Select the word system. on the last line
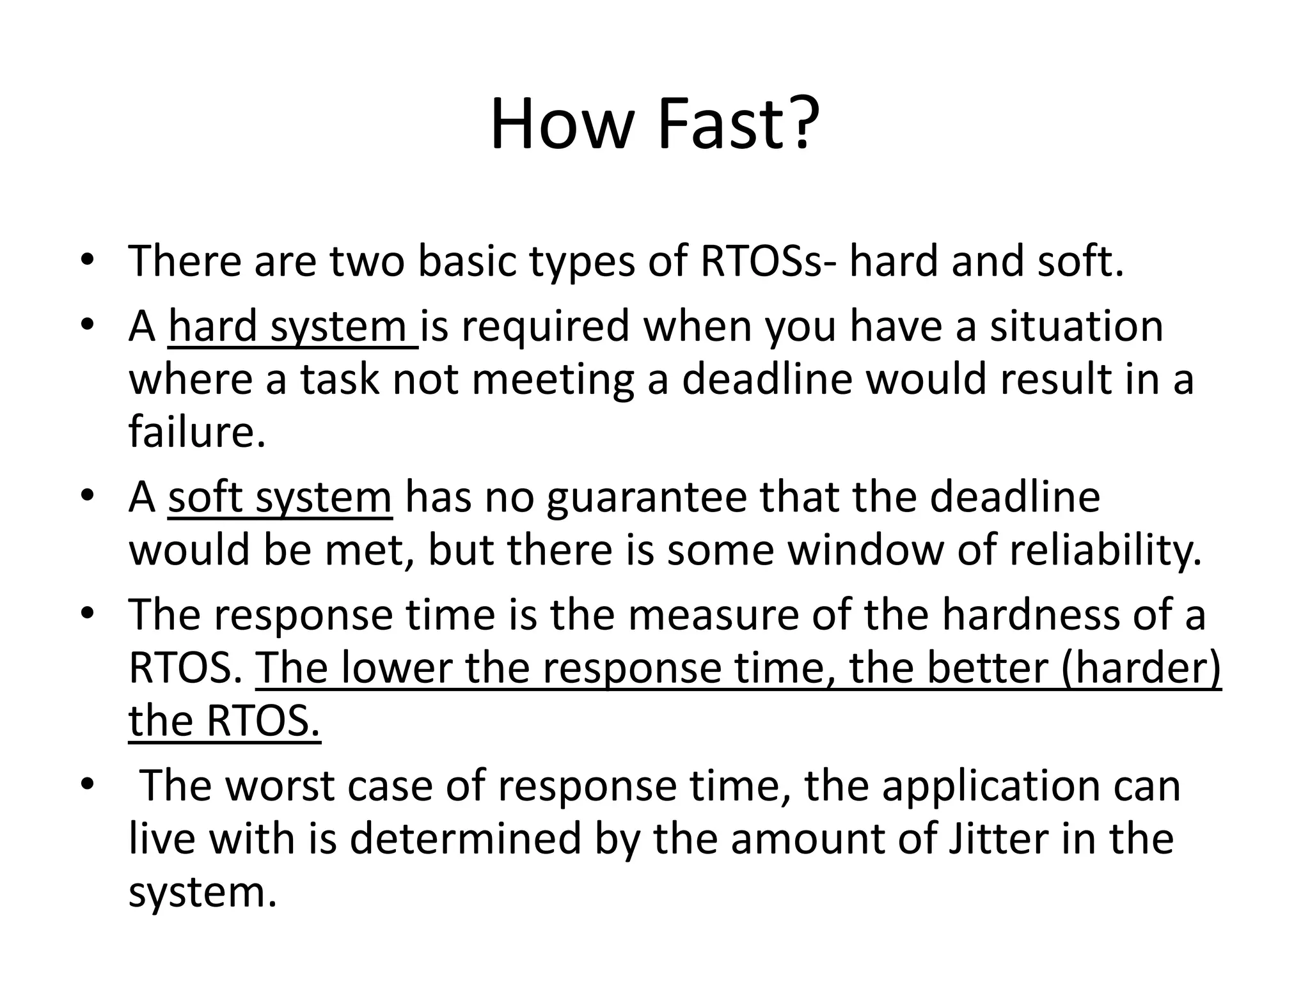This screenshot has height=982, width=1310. [x=202, y=892]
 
